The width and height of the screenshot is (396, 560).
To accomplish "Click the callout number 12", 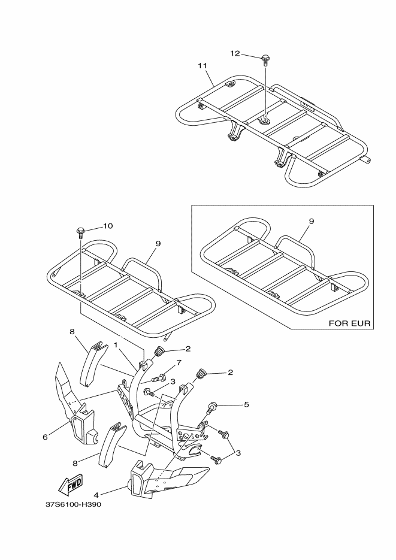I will (235, 53).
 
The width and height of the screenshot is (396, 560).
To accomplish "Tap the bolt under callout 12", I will (265, 59).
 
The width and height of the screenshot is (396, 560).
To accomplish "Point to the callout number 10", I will (107, 226).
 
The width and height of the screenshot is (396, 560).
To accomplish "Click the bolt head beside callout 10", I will (80, 231).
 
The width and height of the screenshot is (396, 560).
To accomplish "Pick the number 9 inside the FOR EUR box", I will (311, 221).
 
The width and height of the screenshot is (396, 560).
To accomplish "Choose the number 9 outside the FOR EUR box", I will (158, 244).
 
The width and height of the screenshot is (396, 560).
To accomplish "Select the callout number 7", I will (179, 364).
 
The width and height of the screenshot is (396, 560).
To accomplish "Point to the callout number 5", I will (246, 404).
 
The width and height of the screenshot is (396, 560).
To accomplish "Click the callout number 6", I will (45, 437).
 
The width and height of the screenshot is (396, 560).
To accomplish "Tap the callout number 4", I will (96, 494).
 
